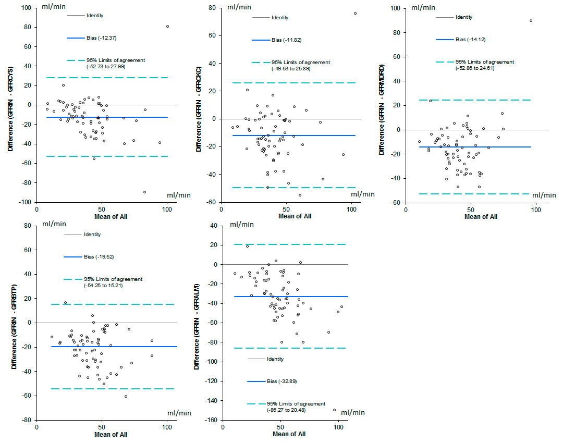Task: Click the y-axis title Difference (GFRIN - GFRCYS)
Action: pos(10,105)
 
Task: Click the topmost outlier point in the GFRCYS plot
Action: pos(167,26)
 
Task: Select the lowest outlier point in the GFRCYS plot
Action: pos(144,192)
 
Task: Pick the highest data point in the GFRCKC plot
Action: pos(355,14)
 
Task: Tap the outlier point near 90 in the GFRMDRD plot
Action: pos(531,21)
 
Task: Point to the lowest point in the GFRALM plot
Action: pos(334,410)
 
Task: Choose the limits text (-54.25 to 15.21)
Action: pos(103,286)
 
